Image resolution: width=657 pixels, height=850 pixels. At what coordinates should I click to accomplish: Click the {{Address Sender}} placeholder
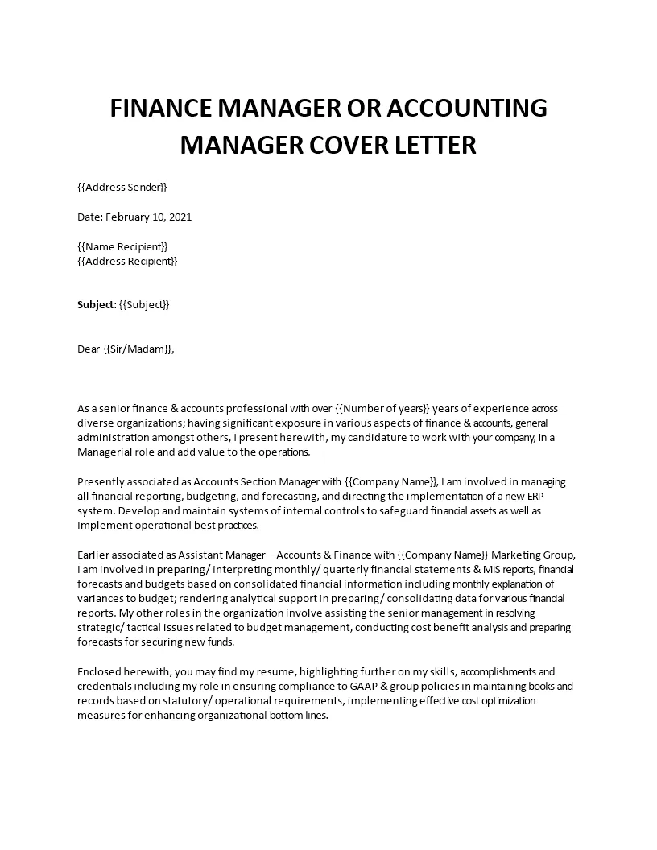(x=122, y=188)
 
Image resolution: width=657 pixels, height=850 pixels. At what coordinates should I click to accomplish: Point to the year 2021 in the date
(x=179, y=217)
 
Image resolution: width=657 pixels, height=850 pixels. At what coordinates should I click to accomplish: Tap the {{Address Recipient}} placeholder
(x=127, y=261)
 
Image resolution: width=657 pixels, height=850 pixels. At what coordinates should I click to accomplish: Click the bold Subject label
(x=95, y=304)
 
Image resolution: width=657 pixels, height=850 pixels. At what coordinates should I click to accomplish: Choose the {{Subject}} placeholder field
(x=144, y=304)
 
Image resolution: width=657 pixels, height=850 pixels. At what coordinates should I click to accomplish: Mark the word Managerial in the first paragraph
(x=105, y=452)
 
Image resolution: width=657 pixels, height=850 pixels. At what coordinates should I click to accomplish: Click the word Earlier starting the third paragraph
(x=95, y=555)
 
